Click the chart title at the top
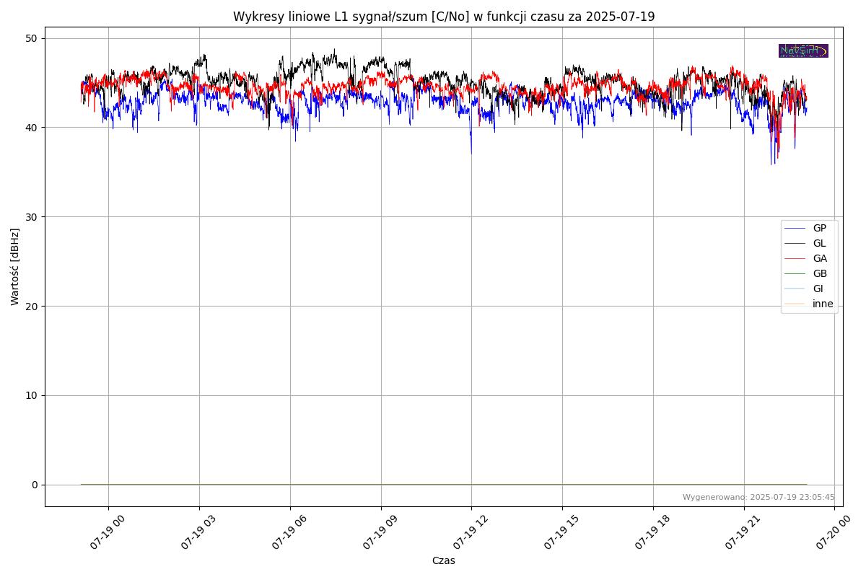(x=443, y=17)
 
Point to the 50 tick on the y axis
(x=33, y=38)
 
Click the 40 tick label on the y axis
(x=33, y=128)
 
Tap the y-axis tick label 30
(x=33, y=217)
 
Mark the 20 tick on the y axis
(x=33, y=306)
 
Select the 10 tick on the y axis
(x=33, y=395)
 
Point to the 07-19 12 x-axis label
(x=470, y=533)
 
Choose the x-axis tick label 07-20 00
(x=833, y=533)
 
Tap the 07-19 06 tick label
(x=289, y=533)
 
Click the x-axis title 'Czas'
(x=443, y=560)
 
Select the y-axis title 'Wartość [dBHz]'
(x=15, y=266)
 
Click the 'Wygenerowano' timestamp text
(x=758, y=497)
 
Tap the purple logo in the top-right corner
(x=803, y=50)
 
